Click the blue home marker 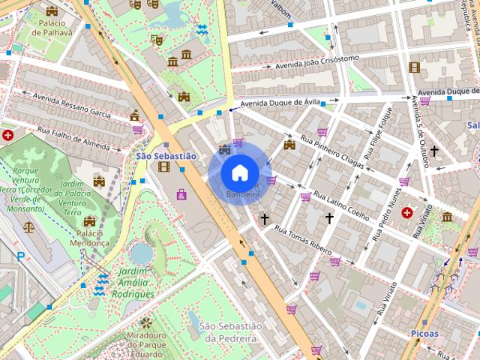[x=239, y=172]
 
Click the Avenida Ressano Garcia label [x=73, y=106]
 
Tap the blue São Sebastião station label [x=166, y=156]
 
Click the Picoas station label [x=424, y=332]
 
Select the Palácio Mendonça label [x=93, y=238]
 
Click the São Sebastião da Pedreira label [x=231, y=331]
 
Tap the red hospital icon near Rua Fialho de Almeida [x=8, y=136]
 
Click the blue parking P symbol [x=20, y=256]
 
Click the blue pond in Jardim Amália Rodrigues [x=140, y=253]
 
